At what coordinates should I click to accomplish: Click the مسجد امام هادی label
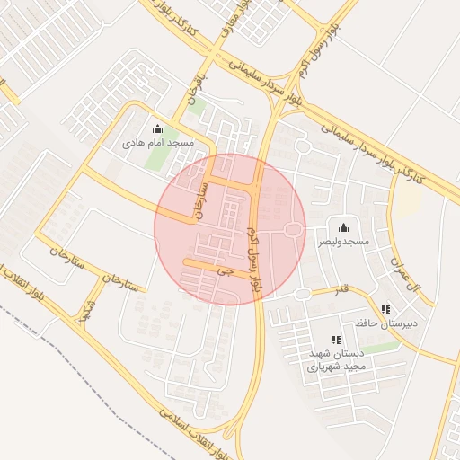(x=159, y=143)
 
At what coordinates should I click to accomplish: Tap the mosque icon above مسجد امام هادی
(x=158, y=128)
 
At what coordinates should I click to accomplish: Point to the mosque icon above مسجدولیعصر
(x=343, y=227)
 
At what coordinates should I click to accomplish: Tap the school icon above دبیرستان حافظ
(x=386, y=308)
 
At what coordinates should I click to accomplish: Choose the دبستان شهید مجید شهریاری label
(x=335, y=360)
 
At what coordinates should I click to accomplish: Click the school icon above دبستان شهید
(x=335, y=340)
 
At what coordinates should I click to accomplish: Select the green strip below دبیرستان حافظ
(x=384, y=347)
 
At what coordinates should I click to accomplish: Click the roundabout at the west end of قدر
(x=303, y=294)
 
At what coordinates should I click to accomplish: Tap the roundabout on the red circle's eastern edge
(x=293, y=231)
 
